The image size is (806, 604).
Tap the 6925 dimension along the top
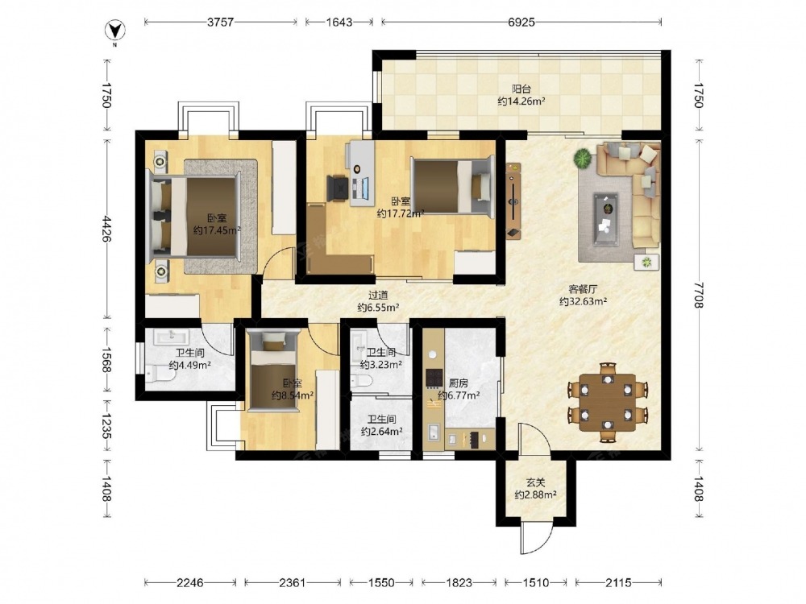521,22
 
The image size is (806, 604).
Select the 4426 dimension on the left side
107,229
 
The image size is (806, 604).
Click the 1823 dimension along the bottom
459,582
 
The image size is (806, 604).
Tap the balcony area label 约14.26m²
521,101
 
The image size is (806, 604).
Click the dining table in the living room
608,402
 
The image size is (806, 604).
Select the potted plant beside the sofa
583,158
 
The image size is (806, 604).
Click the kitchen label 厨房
459,383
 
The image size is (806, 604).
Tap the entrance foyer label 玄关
536,482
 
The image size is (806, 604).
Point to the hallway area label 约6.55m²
378,308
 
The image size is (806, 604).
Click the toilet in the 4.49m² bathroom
160,374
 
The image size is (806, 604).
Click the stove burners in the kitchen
434,378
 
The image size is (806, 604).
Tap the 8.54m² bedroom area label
293,395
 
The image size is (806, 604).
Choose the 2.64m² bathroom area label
381,432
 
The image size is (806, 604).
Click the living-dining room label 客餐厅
583,289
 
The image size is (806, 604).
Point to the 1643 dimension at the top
339,22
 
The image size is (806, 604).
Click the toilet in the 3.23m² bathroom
361,381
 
